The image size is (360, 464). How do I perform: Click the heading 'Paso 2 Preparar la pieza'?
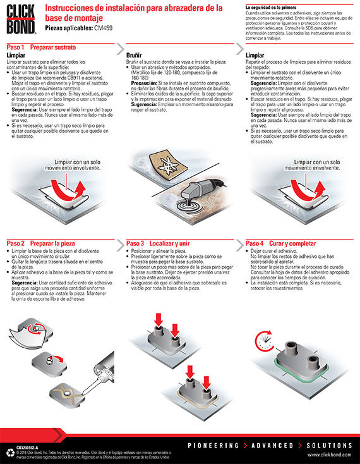[42, 243]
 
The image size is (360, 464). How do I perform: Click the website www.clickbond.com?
[330, 454]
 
